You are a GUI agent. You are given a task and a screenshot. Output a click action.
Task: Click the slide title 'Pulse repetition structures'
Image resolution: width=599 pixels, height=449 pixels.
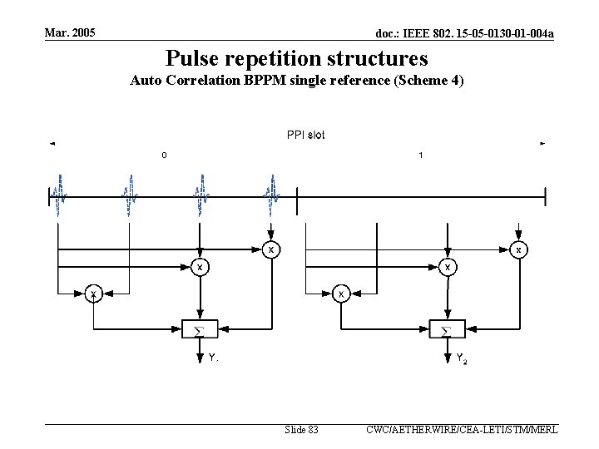(x=296, y=58)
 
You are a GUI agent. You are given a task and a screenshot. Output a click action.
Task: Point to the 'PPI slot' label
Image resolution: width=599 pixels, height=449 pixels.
(x=305, y=135)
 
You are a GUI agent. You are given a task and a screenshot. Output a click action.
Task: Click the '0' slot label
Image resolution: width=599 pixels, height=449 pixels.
(x=164, y=155)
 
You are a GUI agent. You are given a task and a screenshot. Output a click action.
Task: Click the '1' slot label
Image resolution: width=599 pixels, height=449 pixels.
(x=421, y=155)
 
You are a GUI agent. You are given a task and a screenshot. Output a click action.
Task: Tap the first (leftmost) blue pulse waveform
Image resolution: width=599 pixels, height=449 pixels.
(x=58, y=195)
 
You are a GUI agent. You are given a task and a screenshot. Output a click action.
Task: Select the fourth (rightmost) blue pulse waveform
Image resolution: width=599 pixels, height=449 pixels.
(x=272, y=195)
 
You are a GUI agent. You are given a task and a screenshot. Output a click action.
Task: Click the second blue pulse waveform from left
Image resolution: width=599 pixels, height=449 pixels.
(x=130, y=195)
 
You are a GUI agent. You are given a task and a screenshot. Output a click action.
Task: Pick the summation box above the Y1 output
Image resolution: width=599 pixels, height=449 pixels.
(x=199, y=328)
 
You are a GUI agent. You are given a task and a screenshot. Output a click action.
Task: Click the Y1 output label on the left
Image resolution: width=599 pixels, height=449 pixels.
(x=213, y=358)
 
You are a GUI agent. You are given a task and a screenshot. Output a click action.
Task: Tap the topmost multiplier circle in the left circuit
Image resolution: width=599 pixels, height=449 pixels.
(x=271, y=249)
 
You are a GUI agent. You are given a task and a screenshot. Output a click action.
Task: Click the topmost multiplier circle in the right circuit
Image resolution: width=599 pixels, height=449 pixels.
(x=519, y=249)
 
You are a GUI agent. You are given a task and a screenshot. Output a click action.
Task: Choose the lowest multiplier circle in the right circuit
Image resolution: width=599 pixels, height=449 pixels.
(x=340, y=294)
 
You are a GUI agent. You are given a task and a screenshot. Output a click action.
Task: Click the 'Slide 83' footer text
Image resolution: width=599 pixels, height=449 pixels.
(x=301, y=430)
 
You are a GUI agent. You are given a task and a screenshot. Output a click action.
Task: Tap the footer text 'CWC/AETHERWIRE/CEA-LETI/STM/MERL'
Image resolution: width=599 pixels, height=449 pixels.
(x=462, y=430)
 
